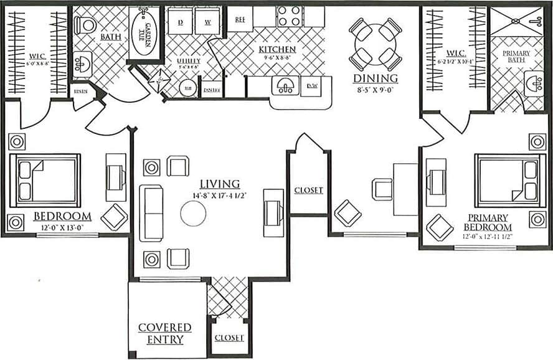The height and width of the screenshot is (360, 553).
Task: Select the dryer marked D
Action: [180, 22]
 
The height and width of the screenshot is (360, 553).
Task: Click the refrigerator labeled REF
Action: [240, 19]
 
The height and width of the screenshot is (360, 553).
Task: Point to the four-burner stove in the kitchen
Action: [288, 16]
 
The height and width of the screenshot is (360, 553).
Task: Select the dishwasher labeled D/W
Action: [313, 86]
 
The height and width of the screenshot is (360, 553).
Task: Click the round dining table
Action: [376, 44]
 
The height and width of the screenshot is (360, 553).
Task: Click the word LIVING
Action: [220, 184]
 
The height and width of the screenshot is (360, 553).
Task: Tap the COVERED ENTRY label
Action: [164, 333]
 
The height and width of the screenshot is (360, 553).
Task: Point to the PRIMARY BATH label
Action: [516, 57]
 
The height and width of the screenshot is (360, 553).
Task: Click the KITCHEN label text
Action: [278, 50]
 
